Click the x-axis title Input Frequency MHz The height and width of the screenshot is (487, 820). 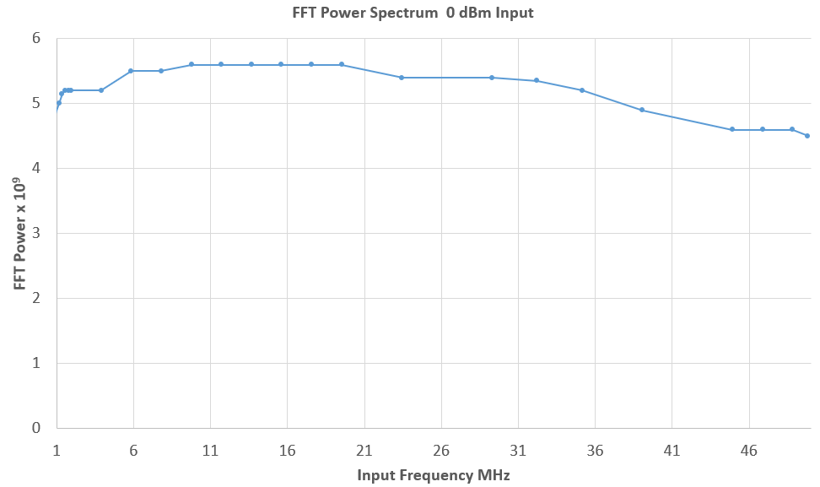434,475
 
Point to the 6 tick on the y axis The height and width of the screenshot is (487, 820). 35,39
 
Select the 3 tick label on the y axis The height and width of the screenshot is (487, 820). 35,234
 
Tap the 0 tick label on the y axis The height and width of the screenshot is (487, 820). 35,428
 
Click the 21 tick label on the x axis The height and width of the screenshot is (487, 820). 364,451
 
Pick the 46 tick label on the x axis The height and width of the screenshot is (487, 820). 748,451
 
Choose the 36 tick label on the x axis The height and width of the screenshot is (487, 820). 595,451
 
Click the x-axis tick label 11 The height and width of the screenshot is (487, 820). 210,451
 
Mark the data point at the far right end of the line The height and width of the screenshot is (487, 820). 807,136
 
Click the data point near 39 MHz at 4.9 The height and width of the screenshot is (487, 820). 642,110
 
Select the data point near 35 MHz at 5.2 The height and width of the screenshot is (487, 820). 582,90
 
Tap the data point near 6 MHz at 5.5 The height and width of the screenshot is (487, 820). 131,71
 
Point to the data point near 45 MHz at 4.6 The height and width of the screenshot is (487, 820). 732,129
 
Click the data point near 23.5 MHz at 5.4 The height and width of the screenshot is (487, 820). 402,78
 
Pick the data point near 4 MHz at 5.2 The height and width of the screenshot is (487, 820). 101,90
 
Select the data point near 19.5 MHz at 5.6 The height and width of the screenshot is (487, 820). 342,64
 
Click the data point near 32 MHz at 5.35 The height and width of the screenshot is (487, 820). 537,80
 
